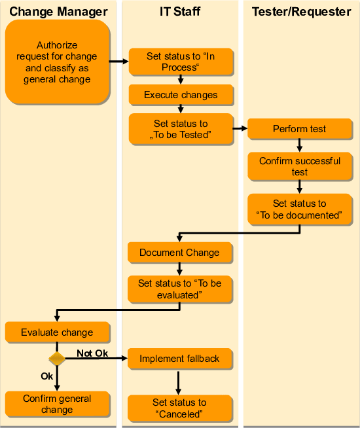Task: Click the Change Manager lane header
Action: pyautogui.click(x=58, y=11)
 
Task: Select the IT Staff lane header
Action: pyautogui.click(x=180, y=11)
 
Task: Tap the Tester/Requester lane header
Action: pyautogui.click(x=300, y=11)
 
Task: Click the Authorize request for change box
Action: pyautogui.click(x=57, y=62)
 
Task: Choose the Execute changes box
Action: pyautogui.click(x=181, y=95)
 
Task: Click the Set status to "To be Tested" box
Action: pyautogui.click(x=181, y=129)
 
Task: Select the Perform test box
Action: pyautogui.click(x=300, y=129)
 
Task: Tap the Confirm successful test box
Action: pyautogui.click(x=300, y=166)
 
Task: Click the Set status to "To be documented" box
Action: pyautogui.click(x=300, y=209)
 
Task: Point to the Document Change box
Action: pyautogui.click(x=179, y=253)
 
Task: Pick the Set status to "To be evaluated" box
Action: pyautogui.click(x=179, y=289)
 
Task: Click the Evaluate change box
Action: pyautogui.click(x=57, y=332)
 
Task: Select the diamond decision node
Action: pyautogui.click(x=57, y=359)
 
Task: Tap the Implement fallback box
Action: pyautogui.click(x=179, y=359)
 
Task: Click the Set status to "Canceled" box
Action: pyautogui.click(x=179, y=408)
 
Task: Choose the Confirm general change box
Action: pyautogui.click(x=57, y=404)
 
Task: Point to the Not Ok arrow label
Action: pyautogui.click(x=92, y=353)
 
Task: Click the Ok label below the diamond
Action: pyautogui.click(x=46, y=376)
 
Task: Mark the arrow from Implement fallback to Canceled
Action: pyautogui.click(x=179, y=382)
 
